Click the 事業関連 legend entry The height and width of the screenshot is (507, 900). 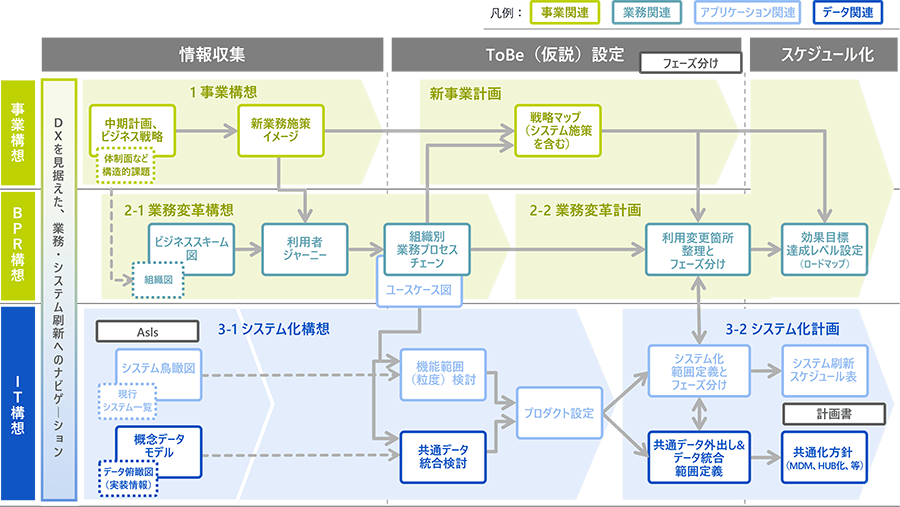coord(564,13)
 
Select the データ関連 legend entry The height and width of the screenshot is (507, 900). coord(847,13)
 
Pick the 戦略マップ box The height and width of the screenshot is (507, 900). coord(548,129)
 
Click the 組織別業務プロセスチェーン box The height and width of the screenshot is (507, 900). coord(426,242)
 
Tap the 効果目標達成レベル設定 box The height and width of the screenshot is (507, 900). coord(824,242)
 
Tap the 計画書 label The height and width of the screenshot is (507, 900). coord(821,412)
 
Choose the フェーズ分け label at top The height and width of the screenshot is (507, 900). coord(690,63)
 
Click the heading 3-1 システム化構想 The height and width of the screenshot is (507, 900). coord(274,327)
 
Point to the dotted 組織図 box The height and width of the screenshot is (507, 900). coord(161,281)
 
